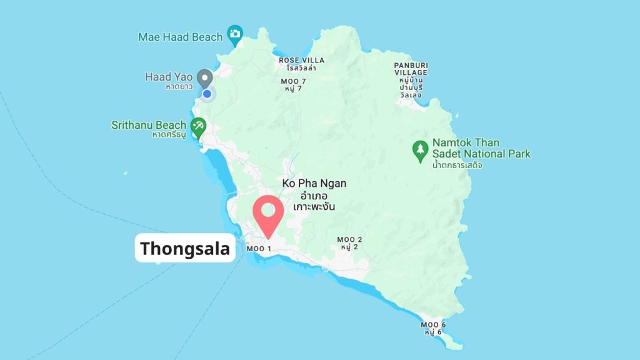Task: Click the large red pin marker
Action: click(x=269, y=212)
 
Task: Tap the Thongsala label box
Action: click(x=185, y=249)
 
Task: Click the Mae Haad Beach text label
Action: click(x=180, y=37)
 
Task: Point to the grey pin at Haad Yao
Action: click(x=204, y=79)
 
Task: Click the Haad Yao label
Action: click(x=169, y=77)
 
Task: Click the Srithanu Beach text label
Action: click(x=149, y=125)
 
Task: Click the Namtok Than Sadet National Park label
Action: click(x=481, y=148)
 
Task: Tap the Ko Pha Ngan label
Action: click(x=314, y=184)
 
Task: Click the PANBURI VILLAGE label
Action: click(x=410, y=69)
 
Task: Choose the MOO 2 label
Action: click(x=349, y=239)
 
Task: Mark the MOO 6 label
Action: click(x=433, y=324)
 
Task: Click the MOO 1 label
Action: click(x=259, y=249)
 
